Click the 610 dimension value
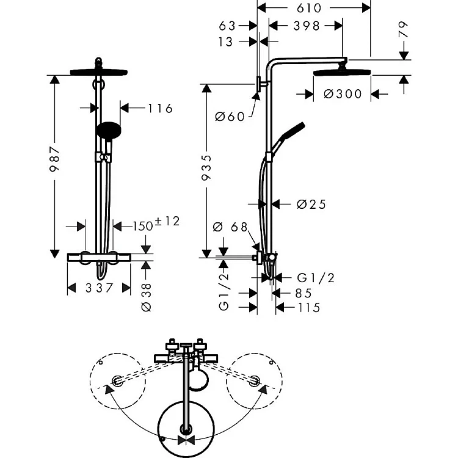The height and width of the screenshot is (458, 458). [x=309, y=8]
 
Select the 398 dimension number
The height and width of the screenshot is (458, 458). [x=307, y=26]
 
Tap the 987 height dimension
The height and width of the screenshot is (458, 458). [x=54, y=159]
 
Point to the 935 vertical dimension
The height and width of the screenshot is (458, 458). [x=206, y=167]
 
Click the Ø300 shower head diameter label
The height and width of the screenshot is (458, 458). [x=343, y=94]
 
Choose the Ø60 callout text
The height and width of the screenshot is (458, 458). [x=230, y=117]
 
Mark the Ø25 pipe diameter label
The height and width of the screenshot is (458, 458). [x=311, y=205]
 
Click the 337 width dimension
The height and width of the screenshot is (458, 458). [x=99, y=288]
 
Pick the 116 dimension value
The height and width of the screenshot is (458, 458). [x=160, y=108]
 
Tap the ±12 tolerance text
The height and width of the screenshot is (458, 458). [x=167, y=222]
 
